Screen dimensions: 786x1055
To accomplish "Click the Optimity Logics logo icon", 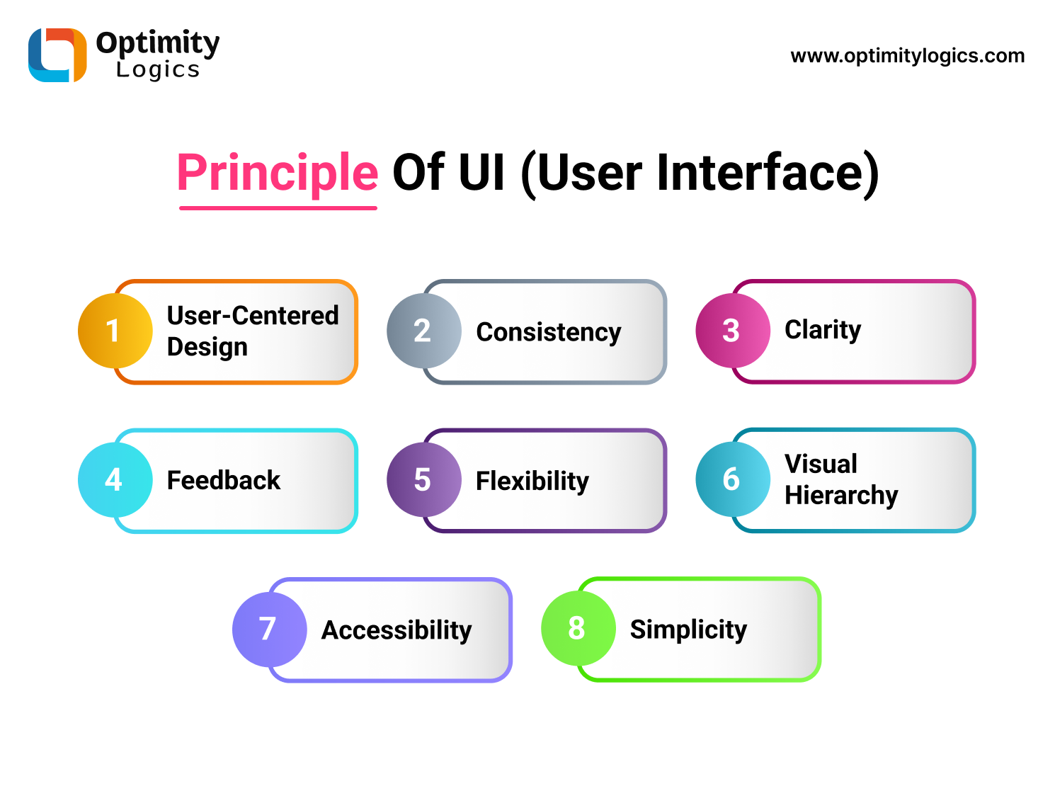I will coord(57,55).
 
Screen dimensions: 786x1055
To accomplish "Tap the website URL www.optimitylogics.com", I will coord(907,56).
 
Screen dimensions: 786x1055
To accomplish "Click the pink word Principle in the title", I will coord(278,173).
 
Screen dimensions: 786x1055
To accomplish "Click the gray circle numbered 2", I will coord(423,331).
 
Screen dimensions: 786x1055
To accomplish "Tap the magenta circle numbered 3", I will coord(732,331).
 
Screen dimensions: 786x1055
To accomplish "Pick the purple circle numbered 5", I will coord(423,480).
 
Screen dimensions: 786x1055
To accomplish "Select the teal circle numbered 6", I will coord(732,479).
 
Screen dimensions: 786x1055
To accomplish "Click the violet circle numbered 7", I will coord(269,629).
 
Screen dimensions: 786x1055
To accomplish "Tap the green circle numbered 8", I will coord(578,628).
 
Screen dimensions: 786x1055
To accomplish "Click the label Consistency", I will coord(549,332).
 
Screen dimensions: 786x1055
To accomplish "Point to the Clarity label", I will coord(823,330).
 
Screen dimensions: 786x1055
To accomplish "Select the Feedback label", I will coord(224,481).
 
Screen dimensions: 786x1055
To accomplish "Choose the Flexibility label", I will coord(532,482).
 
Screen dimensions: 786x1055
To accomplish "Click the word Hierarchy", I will coord(841,496).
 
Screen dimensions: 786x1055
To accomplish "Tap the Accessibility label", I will coord(397,630).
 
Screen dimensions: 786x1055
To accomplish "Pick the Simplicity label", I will coord(688,630).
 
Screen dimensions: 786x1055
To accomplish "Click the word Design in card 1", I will coord(207,348).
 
